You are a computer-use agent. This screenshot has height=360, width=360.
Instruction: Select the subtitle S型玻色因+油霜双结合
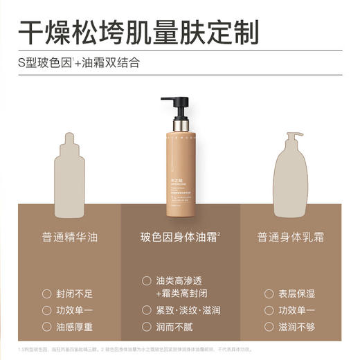79,63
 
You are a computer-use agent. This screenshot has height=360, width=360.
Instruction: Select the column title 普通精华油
69,237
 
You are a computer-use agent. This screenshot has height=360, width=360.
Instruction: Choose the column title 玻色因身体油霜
179,237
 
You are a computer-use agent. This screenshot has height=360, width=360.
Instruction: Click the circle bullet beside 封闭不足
46,294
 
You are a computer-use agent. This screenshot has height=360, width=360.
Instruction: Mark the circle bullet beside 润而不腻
146,326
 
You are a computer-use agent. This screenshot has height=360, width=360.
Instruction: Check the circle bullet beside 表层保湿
269,294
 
